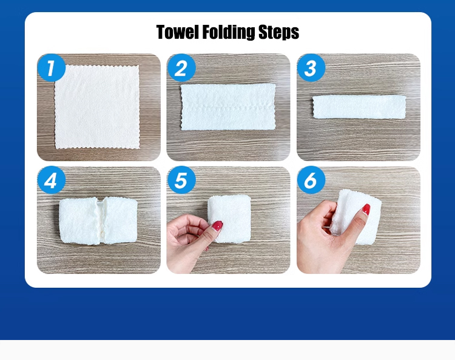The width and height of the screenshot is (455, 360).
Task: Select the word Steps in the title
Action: [278, 32]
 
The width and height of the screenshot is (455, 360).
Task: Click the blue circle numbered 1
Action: [52, 67]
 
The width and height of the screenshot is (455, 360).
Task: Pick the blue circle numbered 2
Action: [181, 67]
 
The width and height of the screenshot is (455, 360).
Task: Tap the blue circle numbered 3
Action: [311, 67]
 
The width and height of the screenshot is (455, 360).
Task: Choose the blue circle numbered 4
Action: [52, 180]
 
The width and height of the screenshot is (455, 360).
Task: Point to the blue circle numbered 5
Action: [181, 180]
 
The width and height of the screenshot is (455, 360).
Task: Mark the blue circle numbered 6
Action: [311, 180]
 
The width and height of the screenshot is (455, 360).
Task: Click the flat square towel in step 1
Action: [97, 107]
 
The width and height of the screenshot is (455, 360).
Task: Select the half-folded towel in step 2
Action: [228, 107]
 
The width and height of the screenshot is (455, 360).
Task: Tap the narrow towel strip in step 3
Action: [359, 107]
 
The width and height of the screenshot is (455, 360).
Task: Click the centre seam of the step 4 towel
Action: [100, 220]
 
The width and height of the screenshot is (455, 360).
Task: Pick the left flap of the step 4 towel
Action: [78, 221]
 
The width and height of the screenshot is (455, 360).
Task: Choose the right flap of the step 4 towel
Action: [120, 220]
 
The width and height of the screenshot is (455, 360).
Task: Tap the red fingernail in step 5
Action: [217, 226]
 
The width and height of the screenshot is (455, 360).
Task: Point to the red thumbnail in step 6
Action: [366, 209]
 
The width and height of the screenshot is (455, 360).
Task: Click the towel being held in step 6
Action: [357, 216]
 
